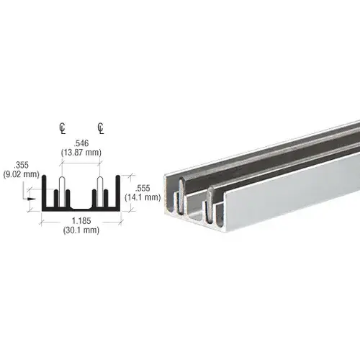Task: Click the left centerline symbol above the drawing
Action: pos(62,130)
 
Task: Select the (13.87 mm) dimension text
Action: pos(80,153)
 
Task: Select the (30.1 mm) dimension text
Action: pos(80,231)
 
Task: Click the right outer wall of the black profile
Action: pos(115,192)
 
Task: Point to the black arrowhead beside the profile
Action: pos(32,192)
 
